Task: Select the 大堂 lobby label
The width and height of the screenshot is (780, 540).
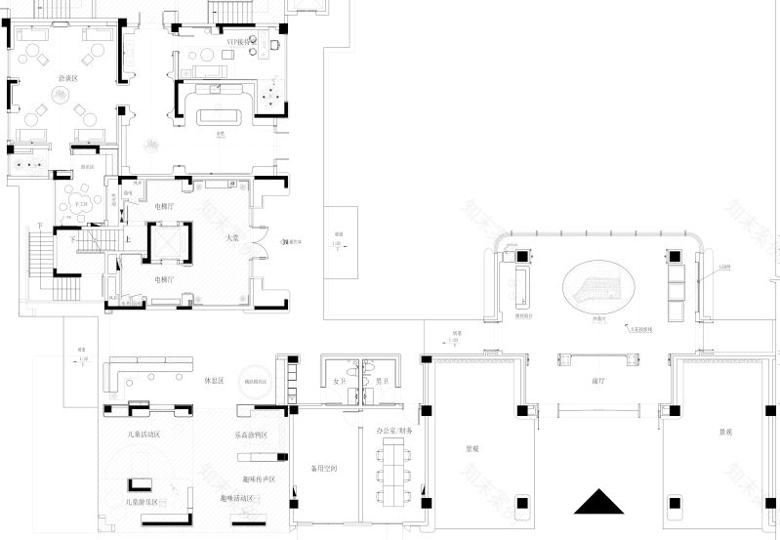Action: pyautogui.click(x=233, y=237)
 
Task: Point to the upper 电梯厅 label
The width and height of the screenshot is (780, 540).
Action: pyautogui.click(x=164, y=206)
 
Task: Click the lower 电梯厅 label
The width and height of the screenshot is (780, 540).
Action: pyautogui.click(x=164, y=279)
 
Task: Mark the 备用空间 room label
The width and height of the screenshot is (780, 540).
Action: pyautogui.click(x=324, y=469)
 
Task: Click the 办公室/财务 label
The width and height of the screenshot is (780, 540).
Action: pyautogui.click(x=394, y=430)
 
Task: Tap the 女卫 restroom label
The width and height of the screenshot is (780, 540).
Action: pyautogui.click(x=340, y=381)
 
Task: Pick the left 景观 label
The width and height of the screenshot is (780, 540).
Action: pyautogui.click(x=472, y=449)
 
